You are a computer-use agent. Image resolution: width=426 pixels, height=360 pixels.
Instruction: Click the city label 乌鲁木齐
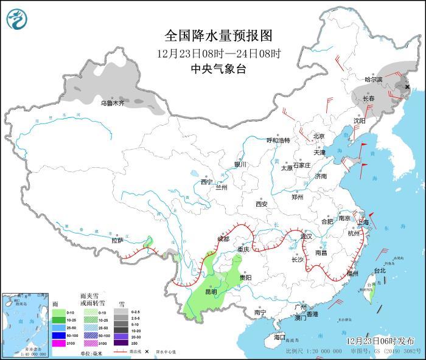[113, 103]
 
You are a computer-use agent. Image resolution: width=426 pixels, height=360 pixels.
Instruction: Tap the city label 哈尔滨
[373, 80]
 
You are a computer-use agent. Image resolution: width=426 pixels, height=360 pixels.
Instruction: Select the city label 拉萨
[117, 240]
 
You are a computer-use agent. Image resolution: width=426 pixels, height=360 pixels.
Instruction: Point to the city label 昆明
[211, 292]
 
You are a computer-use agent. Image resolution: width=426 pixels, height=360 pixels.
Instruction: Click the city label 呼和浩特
[279, 140]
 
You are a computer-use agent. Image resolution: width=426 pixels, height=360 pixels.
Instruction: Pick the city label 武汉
[306, 236]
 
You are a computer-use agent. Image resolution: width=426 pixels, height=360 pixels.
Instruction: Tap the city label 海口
[279, 337]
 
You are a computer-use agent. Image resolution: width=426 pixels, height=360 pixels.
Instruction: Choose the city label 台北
[379, 270]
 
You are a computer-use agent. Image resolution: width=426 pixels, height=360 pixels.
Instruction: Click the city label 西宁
[206, 181]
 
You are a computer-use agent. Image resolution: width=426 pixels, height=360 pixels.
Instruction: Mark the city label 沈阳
[360, 120]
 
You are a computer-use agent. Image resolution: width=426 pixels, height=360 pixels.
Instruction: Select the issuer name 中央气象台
[218, 69]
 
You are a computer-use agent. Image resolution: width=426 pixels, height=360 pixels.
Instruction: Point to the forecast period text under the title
[218, 53]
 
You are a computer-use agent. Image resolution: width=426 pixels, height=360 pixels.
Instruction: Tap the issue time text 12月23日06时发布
[380, 341]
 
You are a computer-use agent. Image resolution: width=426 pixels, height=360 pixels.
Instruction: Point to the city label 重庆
[243, 249]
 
